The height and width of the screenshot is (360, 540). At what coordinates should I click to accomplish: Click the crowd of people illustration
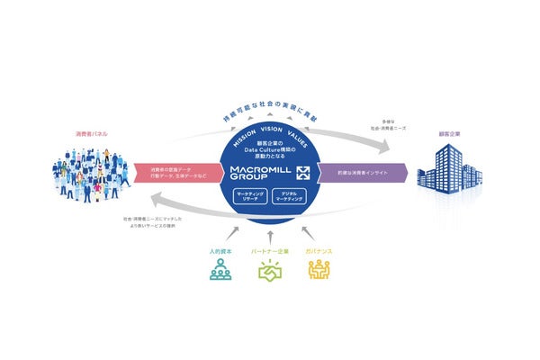[x=90, y=176]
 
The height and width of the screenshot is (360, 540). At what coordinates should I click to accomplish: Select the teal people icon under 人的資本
[x=220, y=269]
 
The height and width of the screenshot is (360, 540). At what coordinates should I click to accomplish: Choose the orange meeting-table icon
[x=319, y=269]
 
